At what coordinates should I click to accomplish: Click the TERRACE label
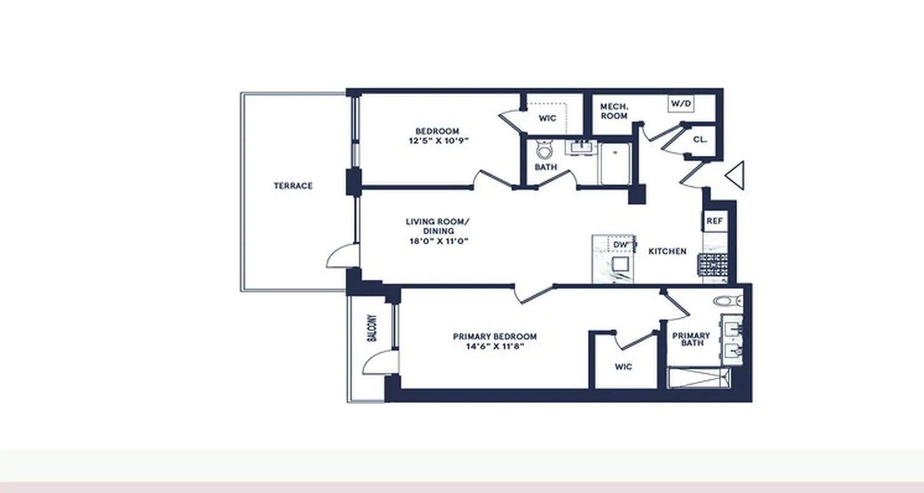(x=293, y=185)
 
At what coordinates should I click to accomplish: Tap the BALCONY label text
(x=372, y=329)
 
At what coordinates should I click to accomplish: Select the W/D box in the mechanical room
(x=681, y=104)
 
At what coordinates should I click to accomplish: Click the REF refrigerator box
(x=714, y=221)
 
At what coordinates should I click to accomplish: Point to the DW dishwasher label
(x=620, y=245)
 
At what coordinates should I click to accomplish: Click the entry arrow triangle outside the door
(x=736, y=176)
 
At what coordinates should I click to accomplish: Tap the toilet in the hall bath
(x=545, y=150)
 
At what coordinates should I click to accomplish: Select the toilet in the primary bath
(x=729, y=301)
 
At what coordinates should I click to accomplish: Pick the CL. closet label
(x=700, y=140)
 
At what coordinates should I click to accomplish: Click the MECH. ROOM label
(x=614, y=111)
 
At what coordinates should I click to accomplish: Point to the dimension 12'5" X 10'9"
(x=437, y=141)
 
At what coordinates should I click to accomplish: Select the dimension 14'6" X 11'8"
(x=495, y=346)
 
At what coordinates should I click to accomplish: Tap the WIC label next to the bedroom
(x=547, y=118)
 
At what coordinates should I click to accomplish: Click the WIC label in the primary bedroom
(x=623, y=367)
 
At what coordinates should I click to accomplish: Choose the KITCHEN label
(x=667, y=251)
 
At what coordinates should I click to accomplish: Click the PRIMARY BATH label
(x=691, y=339)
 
